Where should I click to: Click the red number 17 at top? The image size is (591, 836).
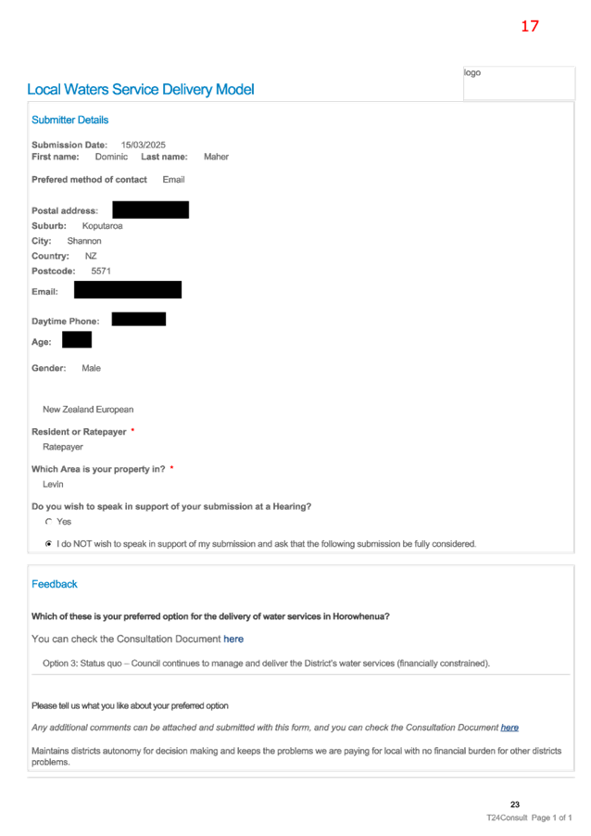pyautogui.click(x=530, y=26)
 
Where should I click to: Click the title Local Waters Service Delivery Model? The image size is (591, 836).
pyautogui.click(x=141, y=90)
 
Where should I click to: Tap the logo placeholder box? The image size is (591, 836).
pyautogui.click(x=519, y=83)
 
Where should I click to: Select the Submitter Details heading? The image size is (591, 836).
pyautogui.click(x=69, y=120)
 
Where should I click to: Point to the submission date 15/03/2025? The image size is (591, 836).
pyautogui.click(x=144, y=145)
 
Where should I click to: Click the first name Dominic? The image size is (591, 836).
pyautogui.click(x=111, y=157)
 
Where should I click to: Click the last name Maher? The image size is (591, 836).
pyautogui.click(x=217, y=157)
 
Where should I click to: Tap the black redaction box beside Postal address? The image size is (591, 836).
pyautogui.click(x=151, y=210)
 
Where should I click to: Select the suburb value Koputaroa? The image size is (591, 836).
pyautogui.click(x=102, y=226)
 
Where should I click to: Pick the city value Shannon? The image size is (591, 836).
pyautogui.click(x=84, y=241)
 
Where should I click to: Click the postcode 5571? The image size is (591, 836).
pyautogui.click(x=101, y=271)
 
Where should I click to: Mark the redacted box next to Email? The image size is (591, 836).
pyautogui.click(x=128, y=289)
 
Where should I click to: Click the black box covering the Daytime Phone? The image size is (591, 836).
pyautogui.click(x=139, y=319)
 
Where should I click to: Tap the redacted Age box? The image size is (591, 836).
pyautogui.click(x=77, y=339)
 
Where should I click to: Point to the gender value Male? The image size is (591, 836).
pyautogui.click(x=91, y=369)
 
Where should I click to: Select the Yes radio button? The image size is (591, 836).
pyautogui.click(x=48, y=522)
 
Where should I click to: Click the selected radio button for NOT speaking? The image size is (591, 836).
pyautogui.click(x=48, y=544)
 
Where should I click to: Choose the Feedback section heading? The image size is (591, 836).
pyautogui.click(x=55, y=584)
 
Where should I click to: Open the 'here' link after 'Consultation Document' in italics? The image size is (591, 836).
pyautogui.click(x=509, y=728)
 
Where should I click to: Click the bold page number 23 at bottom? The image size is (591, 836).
pyautogui.click(x=515, y=804)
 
